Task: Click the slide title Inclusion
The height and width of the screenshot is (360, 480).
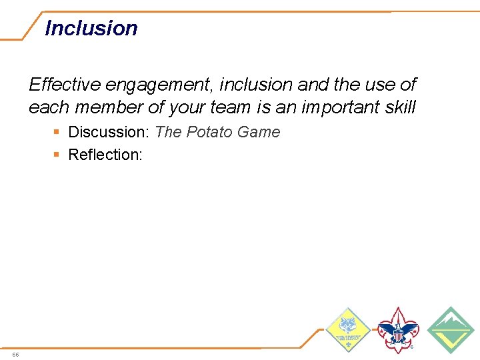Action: pos(91,29)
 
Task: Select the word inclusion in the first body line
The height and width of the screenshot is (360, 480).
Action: pos(256,85)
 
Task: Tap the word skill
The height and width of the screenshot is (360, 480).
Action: pos(398,107)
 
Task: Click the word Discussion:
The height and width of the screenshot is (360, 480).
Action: pos(109,132)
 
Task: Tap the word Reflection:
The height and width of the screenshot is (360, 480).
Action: pos(106,155)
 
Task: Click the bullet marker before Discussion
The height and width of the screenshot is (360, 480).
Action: pos(56,133)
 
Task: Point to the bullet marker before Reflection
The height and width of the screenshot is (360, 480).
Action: pos(56,155)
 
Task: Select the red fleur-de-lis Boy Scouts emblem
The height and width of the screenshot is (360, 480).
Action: pos(397,329)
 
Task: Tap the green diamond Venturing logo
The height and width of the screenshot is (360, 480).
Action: pos(451,329)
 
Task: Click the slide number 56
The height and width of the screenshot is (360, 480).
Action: pos(15,354)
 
